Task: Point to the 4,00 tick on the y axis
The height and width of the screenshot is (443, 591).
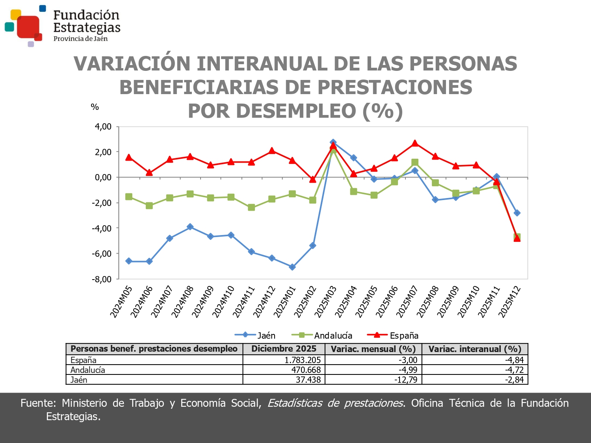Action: (103, 127)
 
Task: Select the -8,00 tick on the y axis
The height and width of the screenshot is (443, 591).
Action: (102, 279)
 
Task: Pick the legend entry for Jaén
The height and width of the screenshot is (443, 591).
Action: (255, 335)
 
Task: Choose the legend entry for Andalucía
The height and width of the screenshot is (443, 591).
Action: (322, 335)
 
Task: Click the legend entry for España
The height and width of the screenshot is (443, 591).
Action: (393, 335)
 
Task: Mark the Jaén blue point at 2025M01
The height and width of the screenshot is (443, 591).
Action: (292, 267)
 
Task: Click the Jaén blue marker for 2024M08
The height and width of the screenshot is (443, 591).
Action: (190, 227)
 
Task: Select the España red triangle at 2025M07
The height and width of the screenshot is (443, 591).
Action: (415, 143)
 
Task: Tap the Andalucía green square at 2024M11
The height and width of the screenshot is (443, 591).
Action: (251, 208)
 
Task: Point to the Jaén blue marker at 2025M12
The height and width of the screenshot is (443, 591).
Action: (517, 213)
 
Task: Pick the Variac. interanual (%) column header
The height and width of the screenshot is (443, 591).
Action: (475, 349)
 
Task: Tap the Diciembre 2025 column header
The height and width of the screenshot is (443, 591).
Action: (284, 349)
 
